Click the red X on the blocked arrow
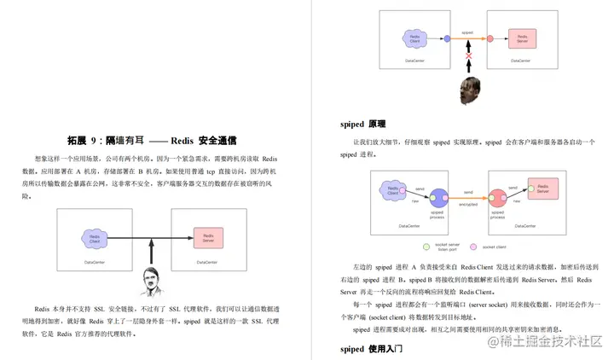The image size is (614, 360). [x=467, y=57]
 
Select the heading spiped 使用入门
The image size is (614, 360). [x=371, y=349]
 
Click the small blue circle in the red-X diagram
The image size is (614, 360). [x=447, y=38]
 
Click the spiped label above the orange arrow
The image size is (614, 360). [x=467, y=32]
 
